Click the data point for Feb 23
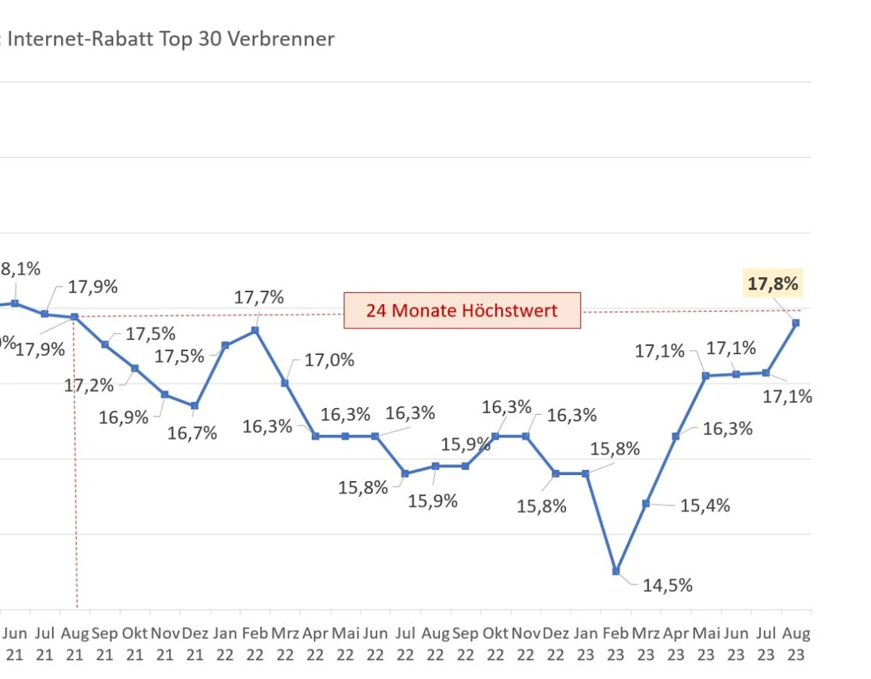click(616, 571)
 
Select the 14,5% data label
click(667, 586)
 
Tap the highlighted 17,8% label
click(773, 283)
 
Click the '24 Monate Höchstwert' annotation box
click(462, 310)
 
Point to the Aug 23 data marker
click(796, 323)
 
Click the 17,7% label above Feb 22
click(259, 297)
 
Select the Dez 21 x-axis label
click(195, 643)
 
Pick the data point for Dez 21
click(195, 406)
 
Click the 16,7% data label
click(192, 432)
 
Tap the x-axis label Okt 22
click(495, 643)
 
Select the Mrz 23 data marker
click(645, 504)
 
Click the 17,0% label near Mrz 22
click(329, 359)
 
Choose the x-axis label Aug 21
click(75, 643)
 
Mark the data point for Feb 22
click(255, 330)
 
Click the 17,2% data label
click(89, 384)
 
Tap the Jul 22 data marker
click(405, 473)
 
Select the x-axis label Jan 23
click(585, 643)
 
